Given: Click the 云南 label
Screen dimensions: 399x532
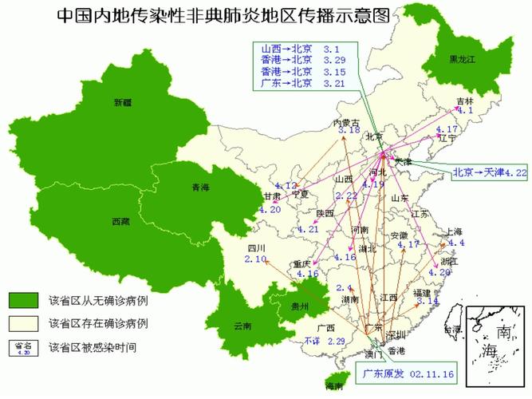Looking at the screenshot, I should (x=242, y=326).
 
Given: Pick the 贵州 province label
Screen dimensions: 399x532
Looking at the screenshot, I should (x=299, y=306).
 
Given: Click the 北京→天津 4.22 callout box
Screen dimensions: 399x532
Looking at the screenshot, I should (x=489, y=172).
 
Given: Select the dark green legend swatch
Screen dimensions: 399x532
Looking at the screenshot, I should (x=24, y=301).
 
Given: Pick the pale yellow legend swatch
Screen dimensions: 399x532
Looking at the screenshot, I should (x=24, y=324).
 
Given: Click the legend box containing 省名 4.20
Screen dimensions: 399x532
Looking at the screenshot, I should (x=24, y=347).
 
